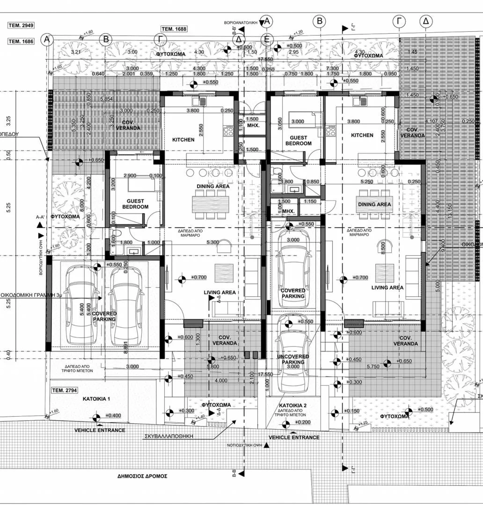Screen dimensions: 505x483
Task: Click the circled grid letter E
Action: pos(267,40)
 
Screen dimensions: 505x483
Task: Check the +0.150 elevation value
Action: pos(353,411)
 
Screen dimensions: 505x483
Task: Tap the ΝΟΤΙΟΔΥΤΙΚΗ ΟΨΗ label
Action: pos(244,445)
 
